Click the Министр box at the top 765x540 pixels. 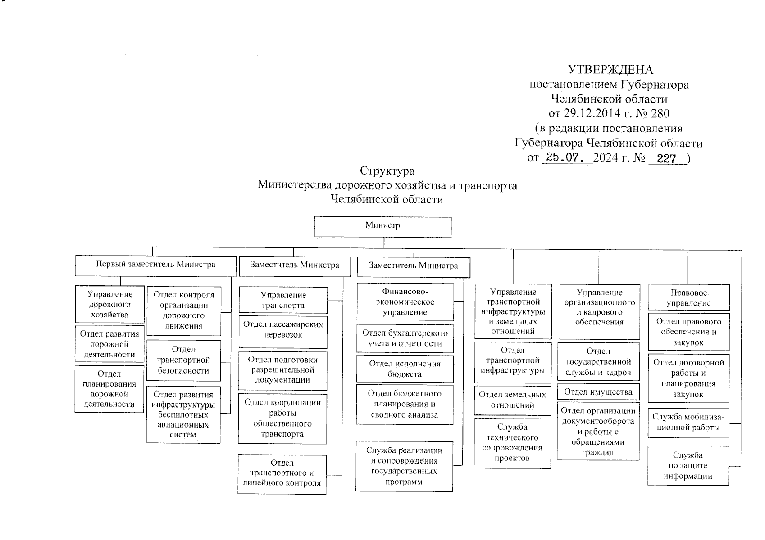382,227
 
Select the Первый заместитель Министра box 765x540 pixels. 155,265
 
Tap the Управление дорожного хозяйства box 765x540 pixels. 110,304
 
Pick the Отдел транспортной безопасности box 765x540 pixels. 184,360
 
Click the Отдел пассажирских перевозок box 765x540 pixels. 283,330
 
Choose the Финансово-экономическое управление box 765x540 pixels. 405,301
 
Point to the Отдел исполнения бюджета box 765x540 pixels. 405,369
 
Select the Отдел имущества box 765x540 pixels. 598,392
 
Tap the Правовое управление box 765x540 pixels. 688,298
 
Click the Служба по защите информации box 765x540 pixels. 688,465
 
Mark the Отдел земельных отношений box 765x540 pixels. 512,400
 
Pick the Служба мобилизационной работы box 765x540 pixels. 688,422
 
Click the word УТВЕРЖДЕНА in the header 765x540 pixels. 610,70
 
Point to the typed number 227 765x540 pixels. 666,158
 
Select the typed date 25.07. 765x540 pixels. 567,158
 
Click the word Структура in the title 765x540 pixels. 387,171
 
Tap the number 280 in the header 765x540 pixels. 660,113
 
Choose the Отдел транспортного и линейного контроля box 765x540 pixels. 282,473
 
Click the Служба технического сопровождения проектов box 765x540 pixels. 512,442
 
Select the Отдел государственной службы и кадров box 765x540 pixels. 598,362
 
